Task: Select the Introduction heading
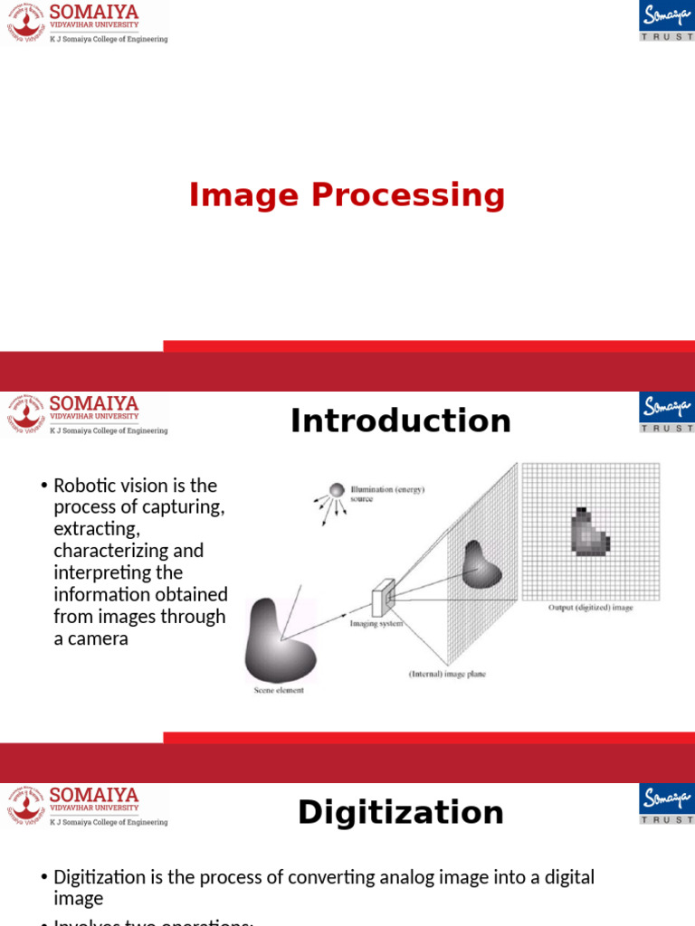pyautogui.click(x=401, y=420)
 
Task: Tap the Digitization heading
pyautogui.click(x=401, y=812)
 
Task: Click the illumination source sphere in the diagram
pyautogui.click(x=337, y=489)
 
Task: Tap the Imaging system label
pyautogui.click(x=376, y=624)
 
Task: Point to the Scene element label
pyautogui.click(x=279, y=691)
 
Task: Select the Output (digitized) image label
pyautogui.click(x=590, y=608)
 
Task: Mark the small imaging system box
pyautogui.click(x=384, y=600)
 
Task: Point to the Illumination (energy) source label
pyautogui.click(x=386, y=494)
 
